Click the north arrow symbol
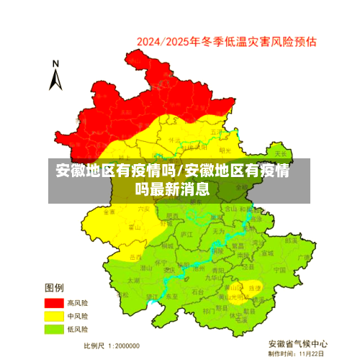point(55,76)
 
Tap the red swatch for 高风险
point(53,303)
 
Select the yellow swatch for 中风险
point(53,316)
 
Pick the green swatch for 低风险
point(53,329)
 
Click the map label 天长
point(281,153)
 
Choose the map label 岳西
point(135,256)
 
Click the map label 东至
point(172,296)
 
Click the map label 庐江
point(186,235)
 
